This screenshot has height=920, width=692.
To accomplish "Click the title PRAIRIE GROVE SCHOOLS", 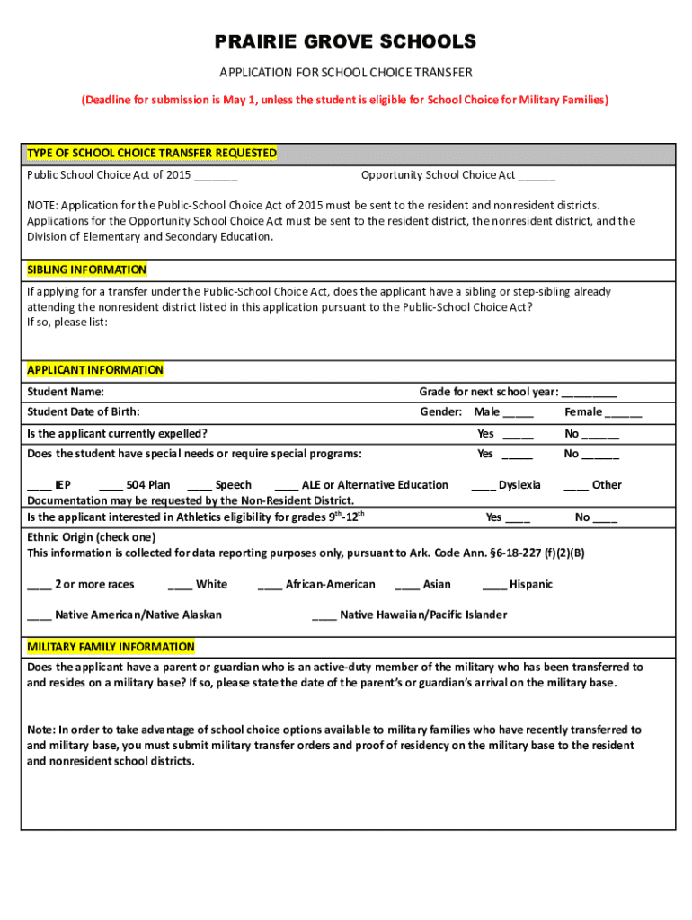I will pos(346,42).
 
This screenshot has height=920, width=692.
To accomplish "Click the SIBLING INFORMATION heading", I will pos(86,270).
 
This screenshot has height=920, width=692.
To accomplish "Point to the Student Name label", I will pos(66,392).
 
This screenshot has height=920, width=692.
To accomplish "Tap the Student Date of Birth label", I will pos(84,412).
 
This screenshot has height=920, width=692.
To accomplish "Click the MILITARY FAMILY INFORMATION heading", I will pos(111,647).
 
